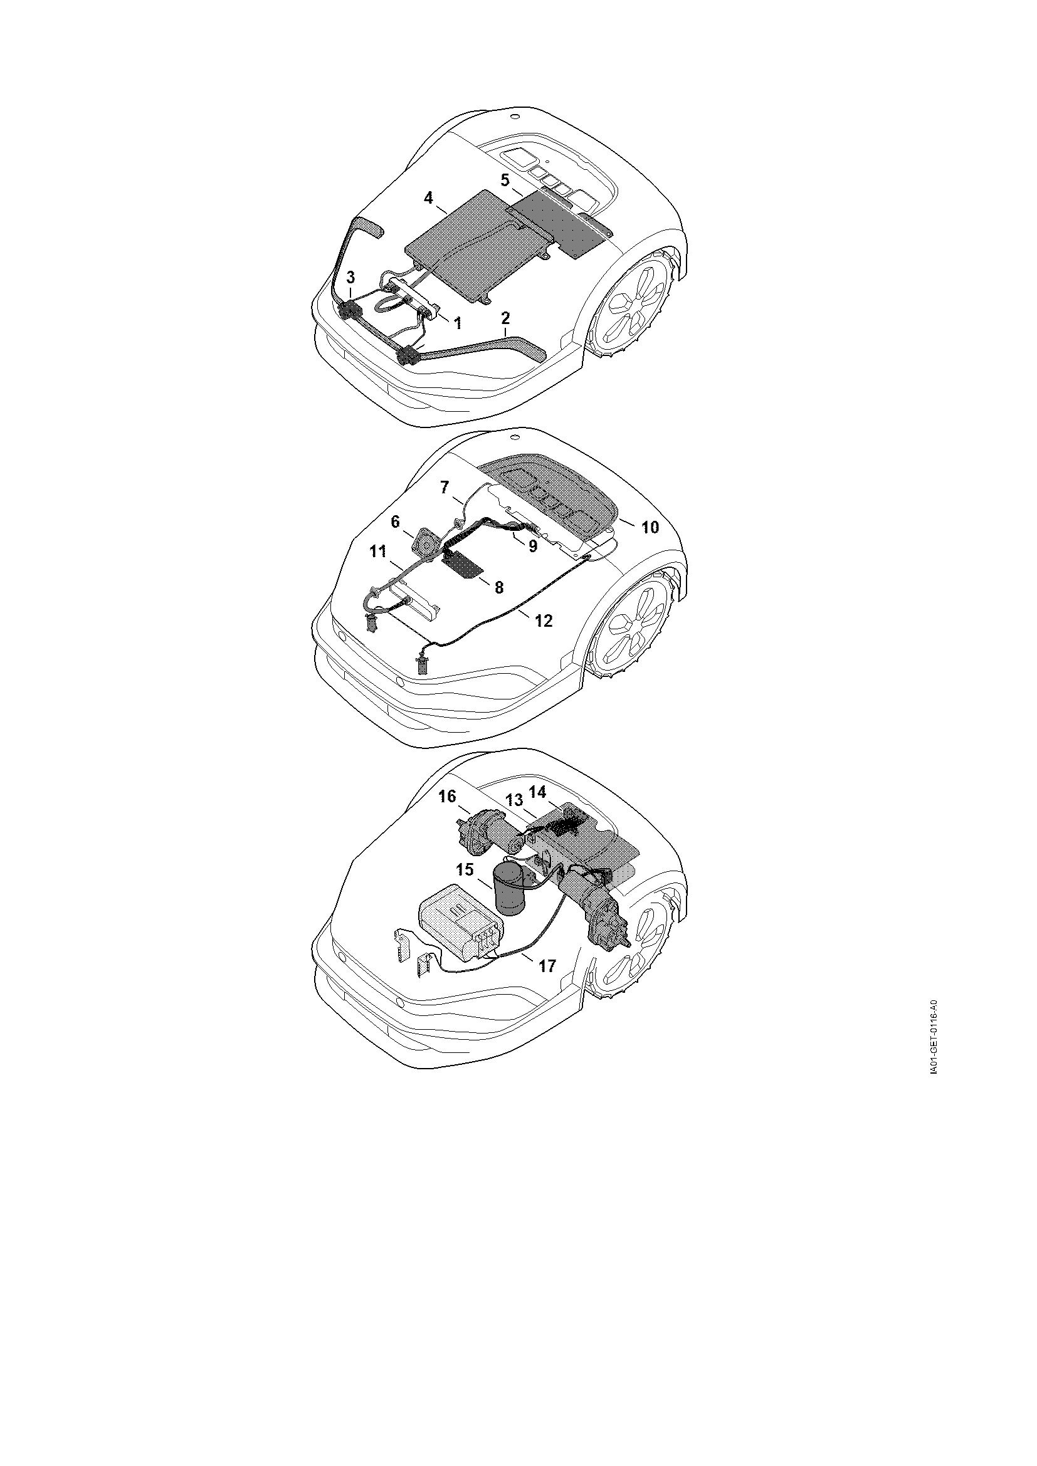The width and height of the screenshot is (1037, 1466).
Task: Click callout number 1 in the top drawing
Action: pyautogui.click(x=457, y=323)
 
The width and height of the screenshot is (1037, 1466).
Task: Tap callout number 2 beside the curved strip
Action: pyautogui.click(x=506, y=317)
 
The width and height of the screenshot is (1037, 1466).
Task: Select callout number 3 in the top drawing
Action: pyautogui.click(x=350, y=277)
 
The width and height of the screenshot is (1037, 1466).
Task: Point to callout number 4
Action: pyautogui.click(x=428, y=197)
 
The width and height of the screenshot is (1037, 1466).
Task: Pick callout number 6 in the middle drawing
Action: pyautogui.click(x=395, y=521)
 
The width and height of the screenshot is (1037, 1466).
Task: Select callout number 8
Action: pyautogui.click(x=498, y=587)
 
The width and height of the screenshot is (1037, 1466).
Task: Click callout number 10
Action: pyautogui.click(x=650, y=527)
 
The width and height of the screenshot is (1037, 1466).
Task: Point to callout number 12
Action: pyautogui.click(x=544, y=620)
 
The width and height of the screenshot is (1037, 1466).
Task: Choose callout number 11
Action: pyautogui.click(x=377, y=550)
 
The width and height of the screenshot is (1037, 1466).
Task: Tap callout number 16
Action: pyautogui.click(x=448, y=796)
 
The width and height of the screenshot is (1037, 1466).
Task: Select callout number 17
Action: pyautogui.click(x=547, y=966)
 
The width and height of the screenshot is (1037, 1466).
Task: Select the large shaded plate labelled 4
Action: pyautogui.click(x=479, y=246)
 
